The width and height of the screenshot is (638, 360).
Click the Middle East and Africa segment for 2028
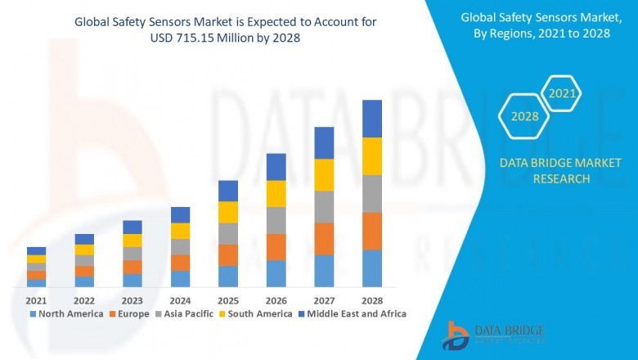tap(372, 119)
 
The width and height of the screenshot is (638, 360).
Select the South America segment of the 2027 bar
tap(324, 175)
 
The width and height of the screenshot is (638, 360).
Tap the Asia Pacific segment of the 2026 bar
tap(276, 220)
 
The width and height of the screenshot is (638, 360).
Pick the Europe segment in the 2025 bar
tap(228, 255)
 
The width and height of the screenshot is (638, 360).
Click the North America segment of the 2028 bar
tap(372, 268)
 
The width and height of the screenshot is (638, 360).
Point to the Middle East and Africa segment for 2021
tap(36, 251)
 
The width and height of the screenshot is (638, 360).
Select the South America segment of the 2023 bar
tap(132, 241)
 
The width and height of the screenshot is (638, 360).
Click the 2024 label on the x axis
tap(180, 300)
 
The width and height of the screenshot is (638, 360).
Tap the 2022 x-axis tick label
tap(84, 300)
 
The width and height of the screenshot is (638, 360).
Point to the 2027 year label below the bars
tap(324, 300)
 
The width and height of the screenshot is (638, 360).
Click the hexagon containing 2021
tap(562, 94)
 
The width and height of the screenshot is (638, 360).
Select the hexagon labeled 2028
tap(524, 116)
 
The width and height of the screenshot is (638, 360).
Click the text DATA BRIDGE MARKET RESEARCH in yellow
tap(544, 171)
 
